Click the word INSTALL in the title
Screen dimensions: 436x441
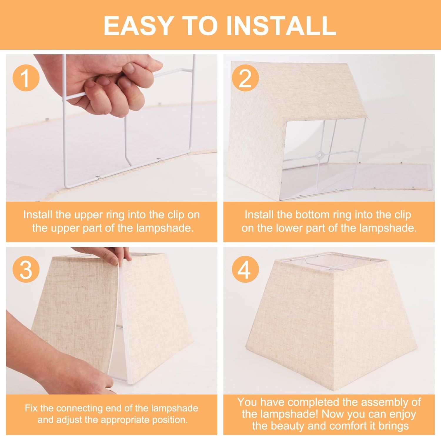(x=281, y=26)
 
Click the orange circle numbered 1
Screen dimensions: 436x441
(x=26, y=78)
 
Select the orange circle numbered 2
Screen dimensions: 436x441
(x=245, y=78)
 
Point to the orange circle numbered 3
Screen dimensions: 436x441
(x=26, y=269)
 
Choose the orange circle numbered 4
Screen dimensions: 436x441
(x=245, y=269)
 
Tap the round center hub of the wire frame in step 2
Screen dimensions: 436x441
(x=318, y=154)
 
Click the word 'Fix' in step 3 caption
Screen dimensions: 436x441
(x=31, y=408)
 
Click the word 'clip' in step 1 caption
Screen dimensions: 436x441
(x=176, y=215)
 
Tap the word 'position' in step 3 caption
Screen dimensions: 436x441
(x=171, y=420)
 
